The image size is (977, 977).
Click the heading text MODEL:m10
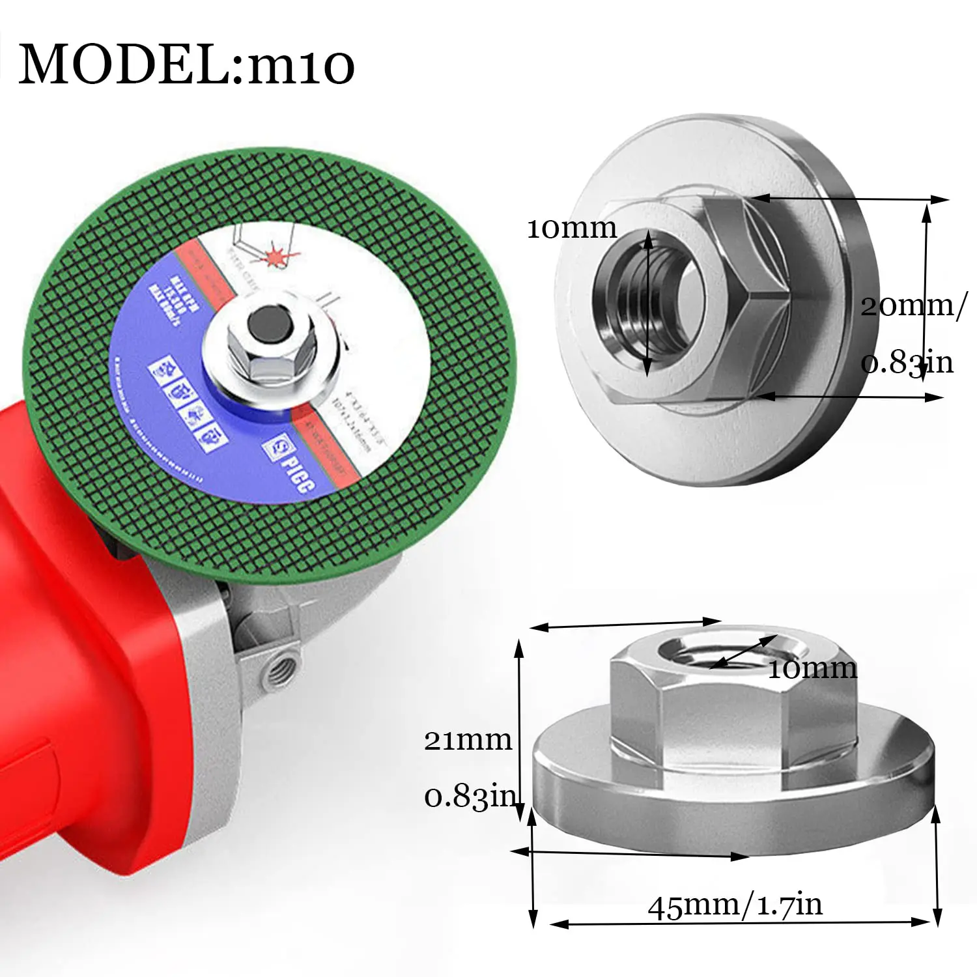pos(186,64)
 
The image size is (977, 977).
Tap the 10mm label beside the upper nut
pos(571,229)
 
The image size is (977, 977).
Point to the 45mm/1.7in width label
pos(735,905)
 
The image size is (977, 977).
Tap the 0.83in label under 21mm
pos(470,796)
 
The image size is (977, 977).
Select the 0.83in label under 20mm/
pos(907,362)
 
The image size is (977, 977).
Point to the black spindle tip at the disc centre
pos(269,321)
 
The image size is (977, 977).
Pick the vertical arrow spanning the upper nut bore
pos(647,303)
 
